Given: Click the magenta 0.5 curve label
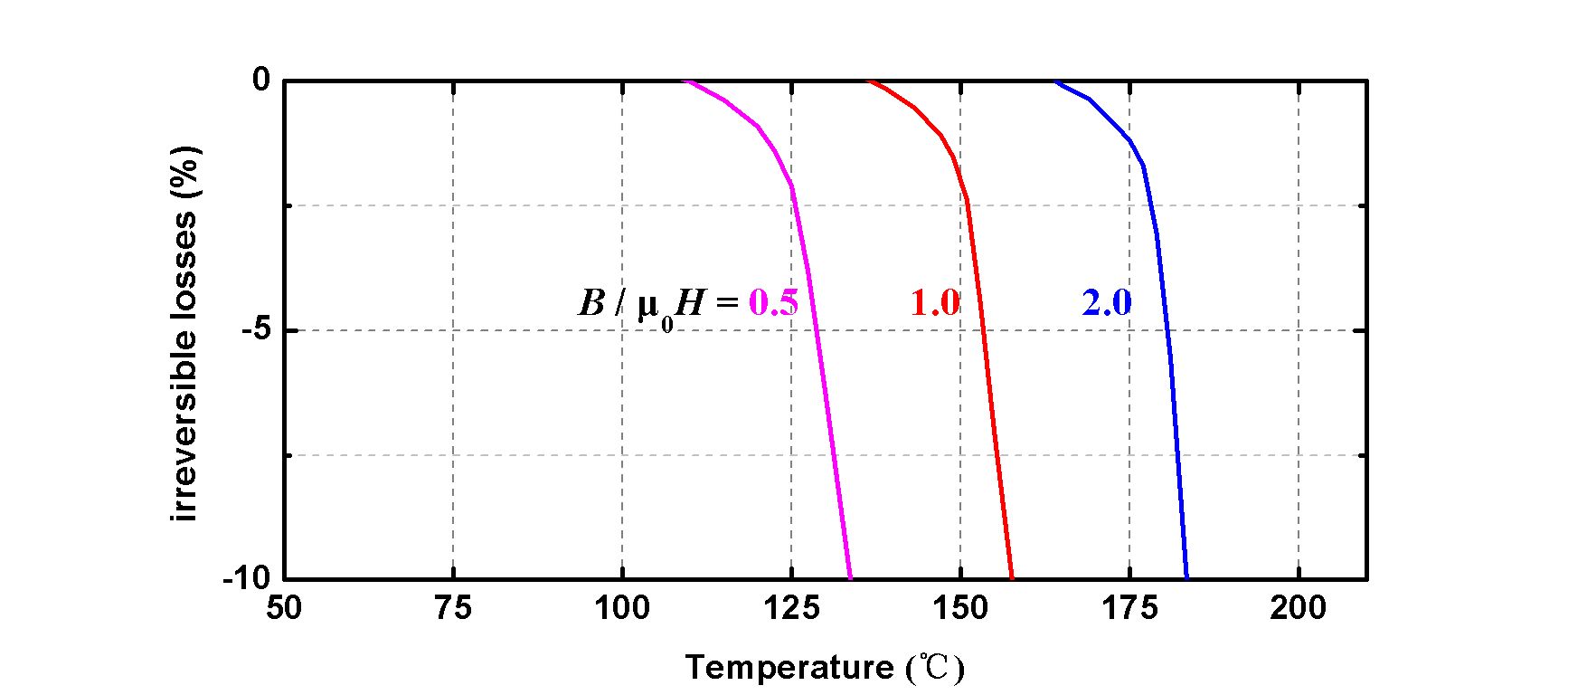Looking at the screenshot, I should point(774,303).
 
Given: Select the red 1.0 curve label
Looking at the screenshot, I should point(935,303).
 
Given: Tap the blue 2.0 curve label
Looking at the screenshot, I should point(1107,303).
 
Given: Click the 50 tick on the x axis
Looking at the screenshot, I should point(284,608).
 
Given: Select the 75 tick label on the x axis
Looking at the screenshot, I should point(453,608).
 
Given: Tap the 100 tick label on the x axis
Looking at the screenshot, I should point(622,608).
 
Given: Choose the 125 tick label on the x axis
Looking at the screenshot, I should point(791,608).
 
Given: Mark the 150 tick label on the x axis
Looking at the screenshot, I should point(960,608).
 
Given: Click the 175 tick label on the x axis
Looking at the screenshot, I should point(1129,608).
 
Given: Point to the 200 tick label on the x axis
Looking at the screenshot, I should point(1299,608).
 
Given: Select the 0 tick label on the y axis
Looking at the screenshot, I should point(260,81).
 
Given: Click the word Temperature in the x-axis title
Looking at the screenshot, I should point(789,668).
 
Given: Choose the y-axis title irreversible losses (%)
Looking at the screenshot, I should point(184,335).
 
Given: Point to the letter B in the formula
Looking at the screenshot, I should point(591,303).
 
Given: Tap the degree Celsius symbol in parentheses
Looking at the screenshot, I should point(935,669).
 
